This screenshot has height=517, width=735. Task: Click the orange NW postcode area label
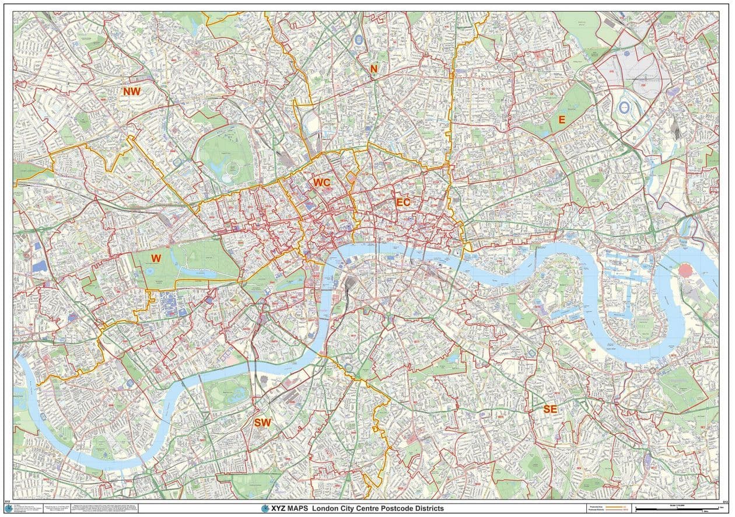(131, 91)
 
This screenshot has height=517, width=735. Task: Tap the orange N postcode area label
(373, 69)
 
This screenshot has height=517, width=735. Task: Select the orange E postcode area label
(562, 120)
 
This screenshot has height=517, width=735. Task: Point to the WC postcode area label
(321, 182)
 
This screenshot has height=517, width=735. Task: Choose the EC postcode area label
(403, 202)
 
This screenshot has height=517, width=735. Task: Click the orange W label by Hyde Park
(156, 258)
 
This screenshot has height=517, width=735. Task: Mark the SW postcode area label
(262, 422)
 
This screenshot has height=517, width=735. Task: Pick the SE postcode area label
(549, 409)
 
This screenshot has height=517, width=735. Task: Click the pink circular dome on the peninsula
(687, 271)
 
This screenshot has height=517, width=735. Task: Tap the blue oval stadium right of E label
(624, 107)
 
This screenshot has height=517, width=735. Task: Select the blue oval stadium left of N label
(357, 40)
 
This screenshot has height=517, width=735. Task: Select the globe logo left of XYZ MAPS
(266, 508)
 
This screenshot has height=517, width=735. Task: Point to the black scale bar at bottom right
(677, 511)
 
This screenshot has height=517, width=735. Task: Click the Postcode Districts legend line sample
(619, 511)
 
